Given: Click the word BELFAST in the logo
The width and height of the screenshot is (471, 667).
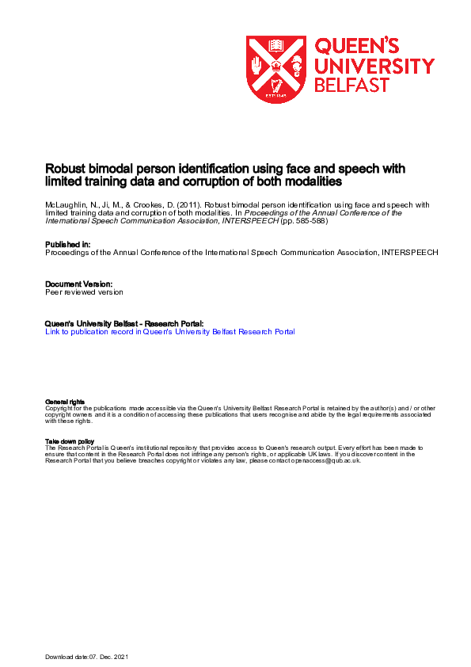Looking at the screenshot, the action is tap(352, 85).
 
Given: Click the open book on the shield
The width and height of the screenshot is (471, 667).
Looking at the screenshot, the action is tap(276, 45).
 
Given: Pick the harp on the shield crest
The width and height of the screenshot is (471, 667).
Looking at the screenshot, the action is tap(276, 86).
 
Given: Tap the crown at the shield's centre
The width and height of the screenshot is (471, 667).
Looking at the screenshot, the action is tap(276, 64).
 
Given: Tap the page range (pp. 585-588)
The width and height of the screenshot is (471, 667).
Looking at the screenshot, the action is tap(304, 221).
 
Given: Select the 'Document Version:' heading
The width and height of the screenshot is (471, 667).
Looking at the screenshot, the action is tap(79, 284).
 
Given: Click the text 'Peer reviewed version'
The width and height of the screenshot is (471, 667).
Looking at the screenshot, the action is tap(85, 292).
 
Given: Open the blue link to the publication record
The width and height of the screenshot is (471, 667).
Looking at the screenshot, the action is tap(170, 332).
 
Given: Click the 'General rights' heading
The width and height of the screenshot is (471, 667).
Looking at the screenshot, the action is tap(65, 402).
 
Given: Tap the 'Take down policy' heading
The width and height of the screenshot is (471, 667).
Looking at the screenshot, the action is tap(70, 441).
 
